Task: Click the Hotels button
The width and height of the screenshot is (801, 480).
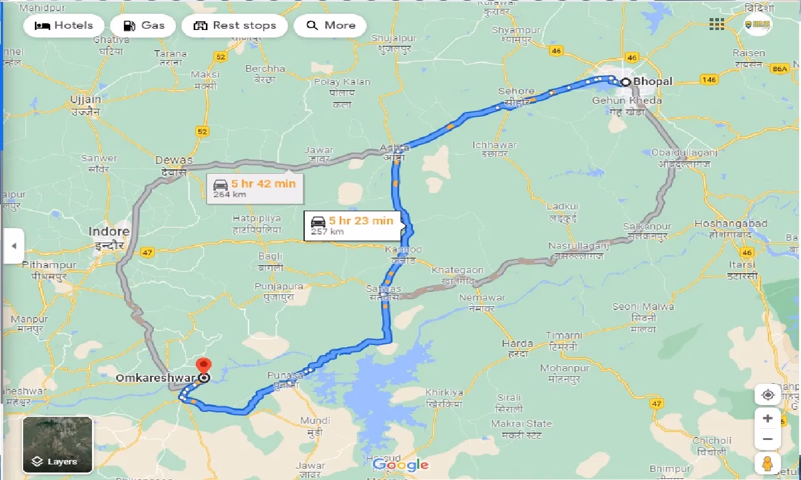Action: click(64, 26)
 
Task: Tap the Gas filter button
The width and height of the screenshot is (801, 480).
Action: click(143, 26)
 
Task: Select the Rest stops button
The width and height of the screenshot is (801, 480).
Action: click(235, 26)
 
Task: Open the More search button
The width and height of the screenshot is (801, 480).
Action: click(330, 26)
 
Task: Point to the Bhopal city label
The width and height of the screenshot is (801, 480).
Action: click(653, 81)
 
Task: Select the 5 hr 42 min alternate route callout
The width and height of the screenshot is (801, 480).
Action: click(255, 187)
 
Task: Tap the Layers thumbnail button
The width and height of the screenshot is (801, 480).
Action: click(58, 444)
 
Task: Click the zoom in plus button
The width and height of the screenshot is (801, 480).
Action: click(768, 418)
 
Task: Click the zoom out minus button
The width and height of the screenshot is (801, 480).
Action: click(768, 439)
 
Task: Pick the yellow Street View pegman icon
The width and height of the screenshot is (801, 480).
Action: click(768, 464)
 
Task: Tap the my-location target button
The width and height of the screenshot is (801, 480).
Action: click(768, 395)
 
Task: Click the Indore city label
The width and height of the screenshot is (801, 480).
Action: click(109, 232)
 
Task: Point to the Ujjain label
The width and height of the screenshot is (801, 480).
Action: click(86, 99)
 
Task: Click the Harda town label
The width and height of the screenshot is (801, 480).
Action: click(518, 343)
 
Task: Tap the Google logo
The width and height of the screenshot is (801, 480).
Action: click(400, 464)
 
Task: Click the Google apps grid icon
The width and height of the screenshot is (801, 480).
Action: click(717, 24)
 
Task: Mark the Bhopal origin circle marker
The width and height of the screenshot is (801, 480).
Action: click(625, 82)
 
